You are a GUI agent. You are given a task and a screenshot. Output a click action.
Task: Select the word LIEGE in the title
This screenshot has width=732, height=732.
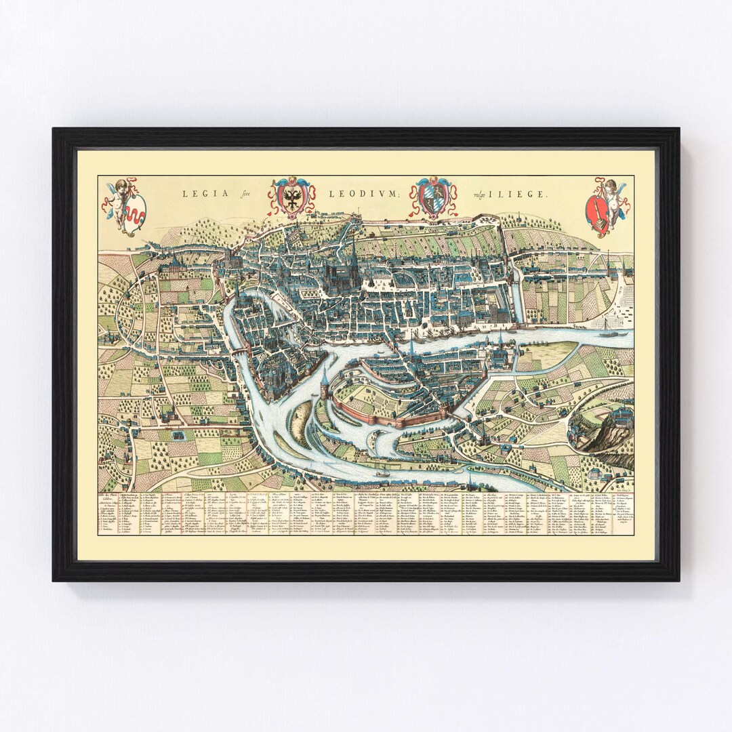click(522, 194)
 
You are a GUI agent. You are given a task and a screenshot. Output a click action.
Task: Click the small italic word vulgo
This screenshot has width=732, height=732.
click(481, 194)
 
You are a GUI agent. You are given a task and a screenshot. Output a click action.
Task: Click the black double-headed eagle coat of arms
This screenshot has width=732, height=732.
click(292, 197)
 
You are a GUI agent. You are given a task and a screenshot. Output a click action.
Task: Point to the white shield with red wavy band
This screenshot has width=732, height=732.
click(136, 211)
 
